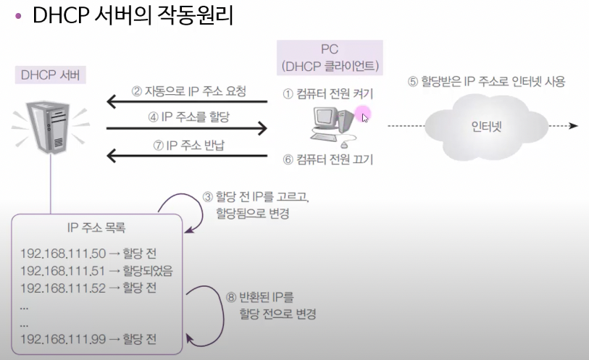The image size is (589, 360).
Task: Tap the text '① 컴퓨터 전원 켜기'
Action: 327,93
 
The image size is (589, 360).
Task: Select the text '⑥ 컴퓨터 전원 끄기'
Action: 327,159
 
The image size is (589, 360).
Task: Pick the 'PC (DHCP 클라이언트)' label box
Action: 330,58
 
